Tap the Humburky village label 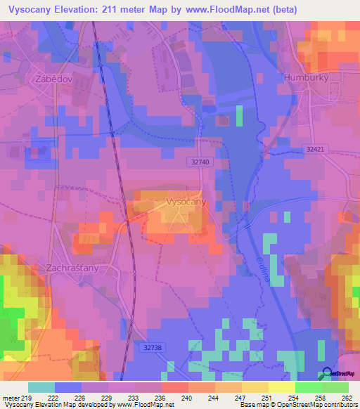[x=306, y=77]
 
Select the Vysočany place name [x=186, y=202]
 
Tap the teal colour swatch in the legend [x=41, y=387]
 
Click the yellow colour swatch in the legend [x=281, y=387]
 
